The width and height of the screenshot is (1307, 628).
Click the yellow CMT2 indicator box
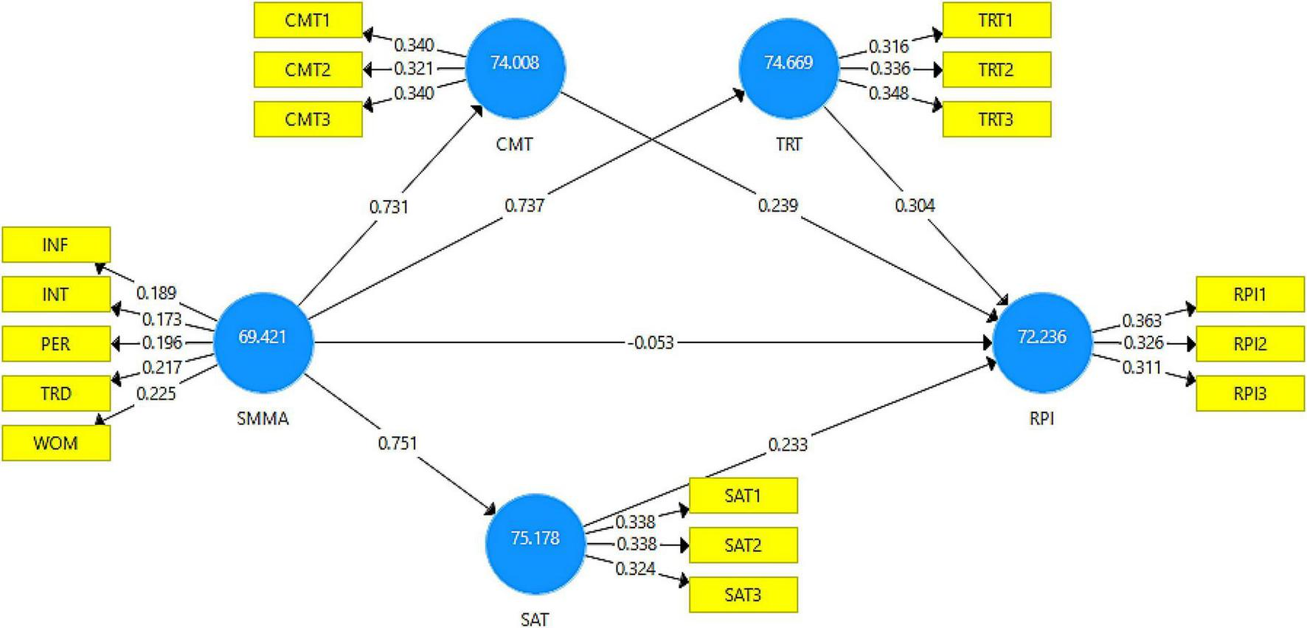308,69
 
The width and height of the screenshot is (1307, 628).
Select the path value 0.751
397,444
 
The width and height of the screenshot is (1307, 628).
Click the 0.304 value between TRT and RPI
915,206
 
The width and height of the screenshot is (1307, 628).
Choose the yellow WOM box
56,444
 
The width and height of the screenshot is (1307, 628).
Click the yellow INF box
56,244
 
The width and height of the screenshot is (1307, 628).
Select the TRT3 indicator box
996,120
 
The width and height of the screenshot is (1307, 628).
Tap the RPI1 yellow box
1249,294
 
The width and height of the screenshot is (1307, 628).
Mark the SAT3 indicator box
743,595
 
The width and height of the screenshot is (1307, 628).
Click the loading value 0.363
1141,321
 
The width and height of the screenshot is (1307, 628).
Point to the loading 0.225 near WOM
156,393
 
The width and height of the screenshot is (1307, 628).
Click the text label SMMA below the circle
263,419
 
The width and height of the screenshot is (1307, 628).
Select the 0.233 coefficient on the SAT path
788,444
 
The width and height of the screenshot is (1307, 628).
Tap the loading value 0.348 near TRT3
888,94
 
